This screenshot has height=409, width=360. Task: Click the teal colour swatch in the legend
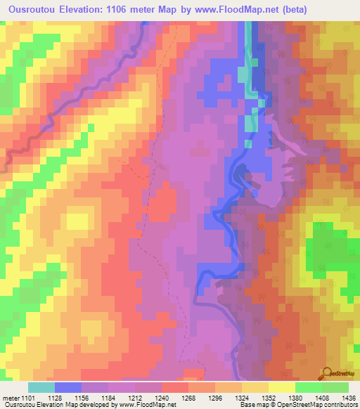coord(41,387)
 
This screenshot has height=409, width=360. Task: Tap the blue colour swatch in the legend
coord(68,387)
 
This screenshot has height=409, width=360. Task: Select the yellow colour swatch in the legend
coord(282,387)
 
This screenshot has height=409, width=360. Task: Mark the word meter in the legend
coord(11,398)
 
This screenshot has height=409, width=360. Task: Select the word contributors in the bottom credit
coord(338,405)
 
